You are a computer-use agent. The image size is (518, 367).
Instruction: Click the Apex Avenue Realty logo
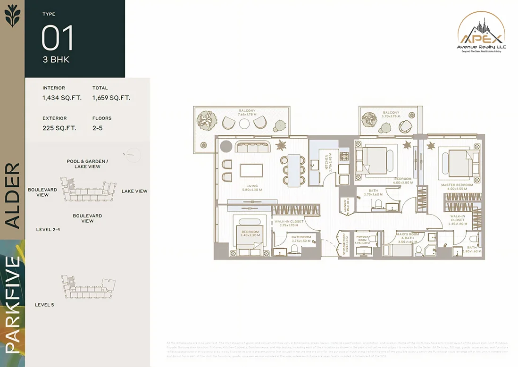481,36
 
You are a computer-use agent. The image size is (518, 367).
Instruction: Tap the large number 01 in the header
58,38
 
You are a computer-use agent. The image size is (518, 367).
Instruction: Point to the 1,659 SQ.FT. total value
111,98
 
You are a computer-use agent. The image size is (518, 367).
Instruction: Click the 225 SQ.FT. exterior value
59,128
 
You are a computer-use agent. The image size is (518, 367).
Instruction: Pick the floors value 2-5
98,128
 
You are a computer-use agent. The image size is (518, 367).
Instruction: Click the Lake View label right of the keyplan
134,191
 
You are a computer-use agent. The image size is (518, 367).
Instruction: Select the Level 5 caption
44,305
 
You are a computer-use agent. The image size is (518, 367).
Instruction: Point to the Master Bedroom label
454,186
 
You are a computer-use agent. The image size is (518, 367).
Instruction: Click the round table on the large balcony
244,124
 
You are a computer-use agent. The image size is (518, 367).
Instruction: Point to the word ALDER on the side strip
13,196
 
